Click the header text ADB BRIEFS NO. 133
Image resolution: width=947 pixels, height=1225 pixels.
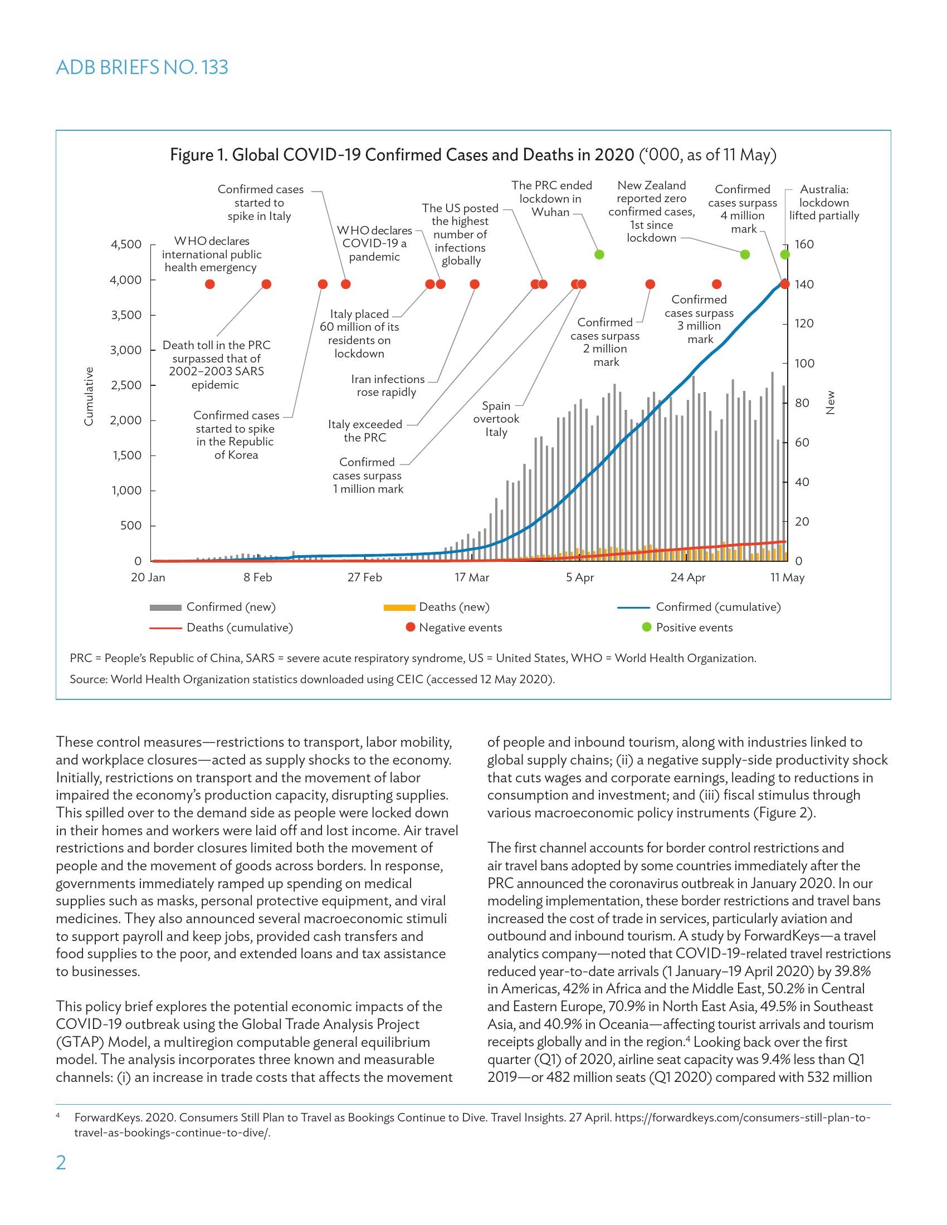click(x=142, y=67)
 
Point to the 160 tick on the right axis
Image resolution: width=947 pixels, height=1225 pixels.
click(x=804, y=244)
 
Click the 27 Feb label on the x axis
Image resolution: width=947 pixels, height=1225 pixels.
click(x=365, y=578)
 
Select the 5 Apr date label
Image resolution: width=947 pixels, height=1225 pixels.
click(x=579, y=578)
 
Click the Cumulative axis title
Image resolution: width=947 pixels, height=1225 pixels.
click(x=89, y=396)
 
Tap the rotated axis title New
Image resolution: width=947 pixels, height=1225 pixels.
click(x=831, y=403)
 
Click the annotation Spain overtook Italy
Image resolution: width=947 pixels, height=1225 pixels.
click(x=496, y=419)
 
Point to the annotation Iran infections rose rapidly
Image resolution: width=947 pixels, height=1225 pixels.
click(x=387, y=385)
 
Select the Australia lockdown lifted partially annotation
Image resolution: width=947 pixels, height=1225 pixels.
click(x=823, y=203)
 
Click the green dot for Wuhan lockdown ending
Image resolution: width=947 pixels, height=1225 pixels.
click(x=599, y=254)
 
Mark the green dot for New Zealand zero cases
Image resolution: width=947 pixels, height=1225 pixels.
click(x=745, y=254)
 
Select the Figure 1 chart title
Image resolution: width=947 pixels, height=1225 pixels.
click(x=473, y=155)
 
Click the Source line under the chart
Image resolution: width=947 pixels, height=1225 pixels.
click(x=312, y=679)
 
